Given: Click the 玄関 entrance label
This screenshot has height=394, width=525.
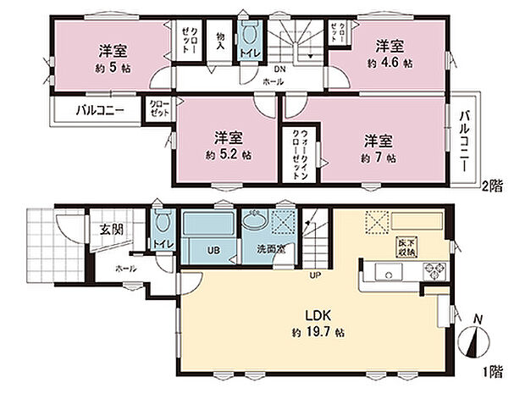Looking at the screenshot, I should click(x=88, y=229).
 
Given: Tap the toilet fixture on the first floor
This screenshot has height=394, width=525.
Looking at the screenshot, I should click(x=163, y=226).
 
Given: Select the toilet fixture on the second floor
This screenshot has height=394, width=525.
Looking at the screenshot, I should click(x=249, y=38).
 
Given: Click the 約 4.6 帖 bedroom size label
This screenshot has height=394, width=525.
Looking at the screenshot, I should click(x=390, y=63).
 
